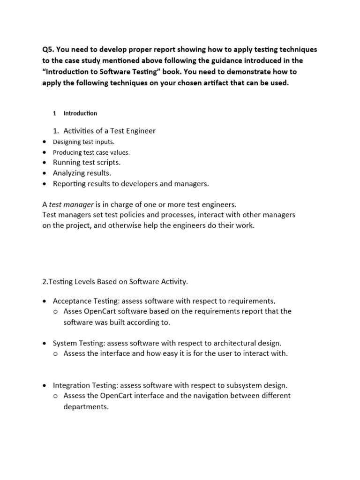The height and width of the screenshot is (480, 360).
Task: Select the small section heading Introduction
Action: (80, 113)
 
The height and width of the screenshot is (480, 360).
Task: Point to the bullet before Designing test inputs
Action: (44, 142)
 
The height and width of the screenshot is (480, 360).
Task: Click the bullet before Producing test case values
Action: (44, 152)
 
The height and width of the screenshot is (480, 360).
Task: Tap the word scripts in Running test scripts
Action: (108, 163)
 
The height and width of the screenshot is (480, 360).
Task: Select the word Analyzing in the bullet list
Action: (69, 173)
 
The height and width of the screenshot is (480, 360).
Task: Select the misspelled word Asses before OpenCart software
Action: (73, 311)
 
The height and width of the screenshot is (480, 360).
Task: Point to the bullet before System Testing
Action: (44, 343)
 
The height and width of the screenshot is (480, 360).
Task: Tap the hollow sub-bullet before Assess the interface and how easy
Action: (55, 354)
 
